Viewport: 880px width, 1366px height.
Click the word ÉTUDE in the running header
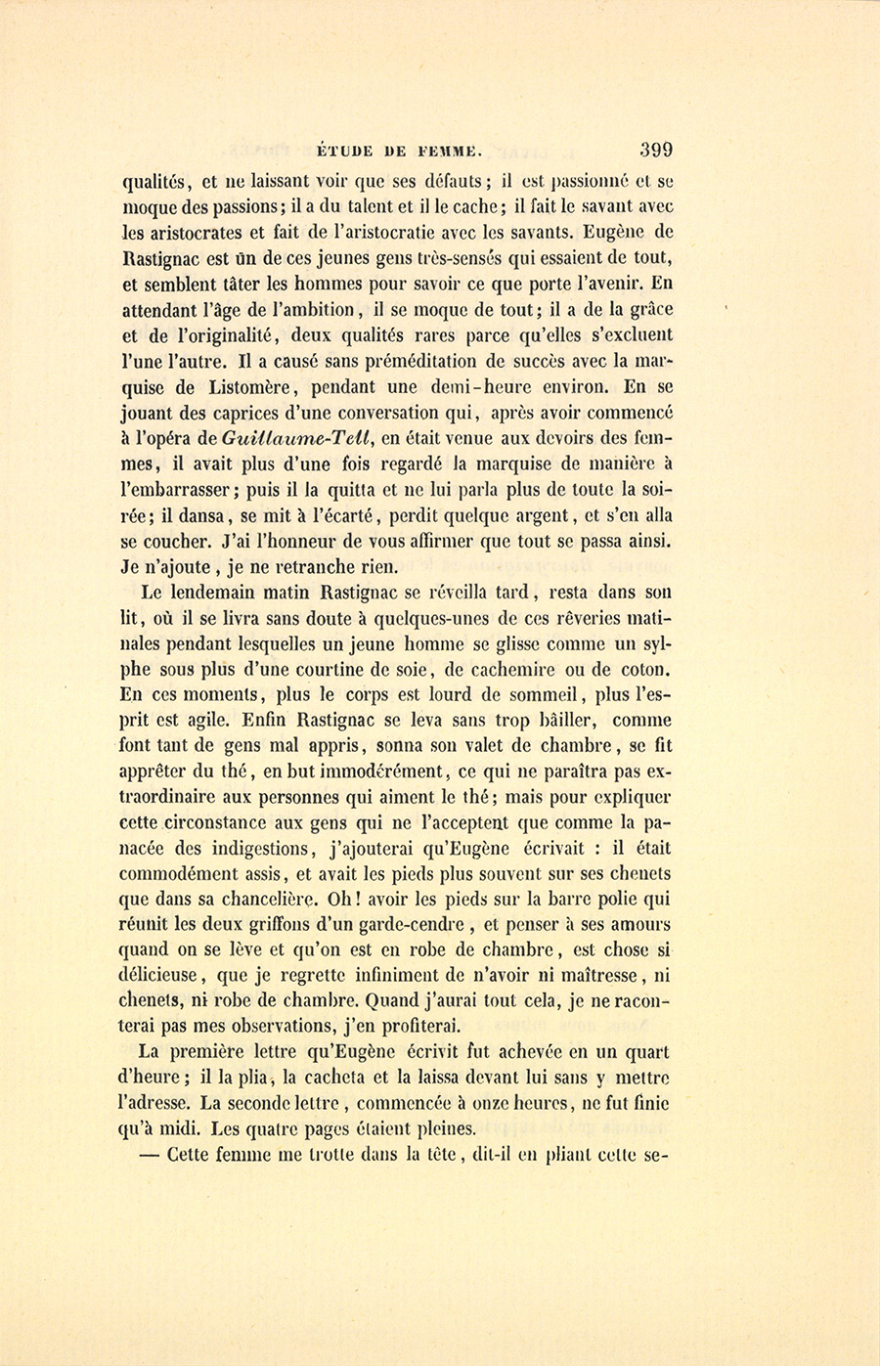(347, 152)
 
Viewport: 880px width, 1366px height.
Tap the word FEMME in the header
(450, 152)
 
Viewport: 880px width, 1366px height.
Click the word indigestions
(260, 849)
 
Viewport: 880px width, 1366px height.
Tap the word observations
(271, 1027)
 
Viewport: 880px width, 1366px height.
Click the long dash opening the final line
(149, 1154)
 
